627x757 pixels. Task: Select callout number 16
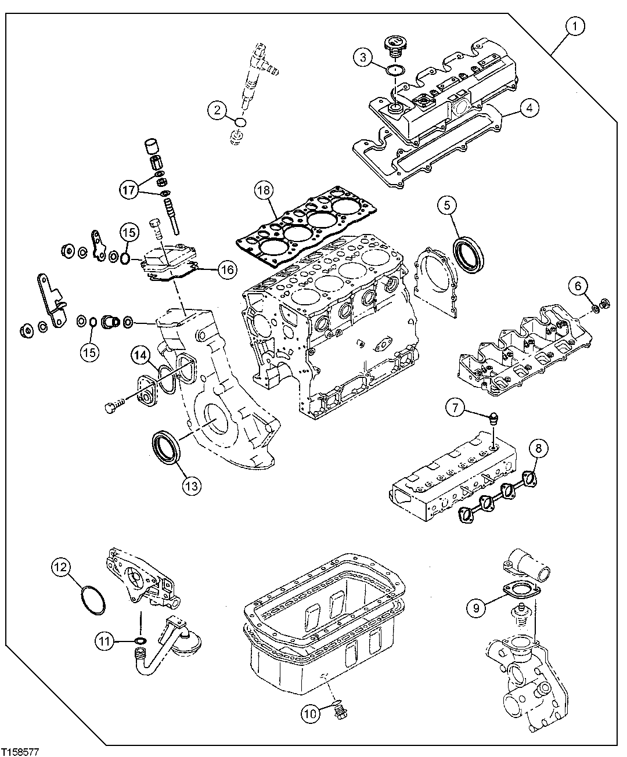pyautogui.click(x=227, y=269)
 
